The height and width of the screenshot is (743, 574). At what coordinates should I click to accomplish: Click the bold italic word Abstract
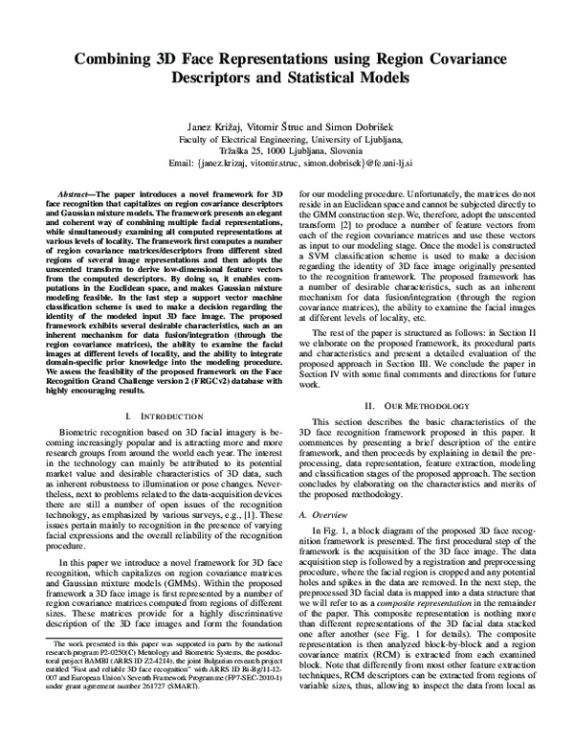coord(77,193)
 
